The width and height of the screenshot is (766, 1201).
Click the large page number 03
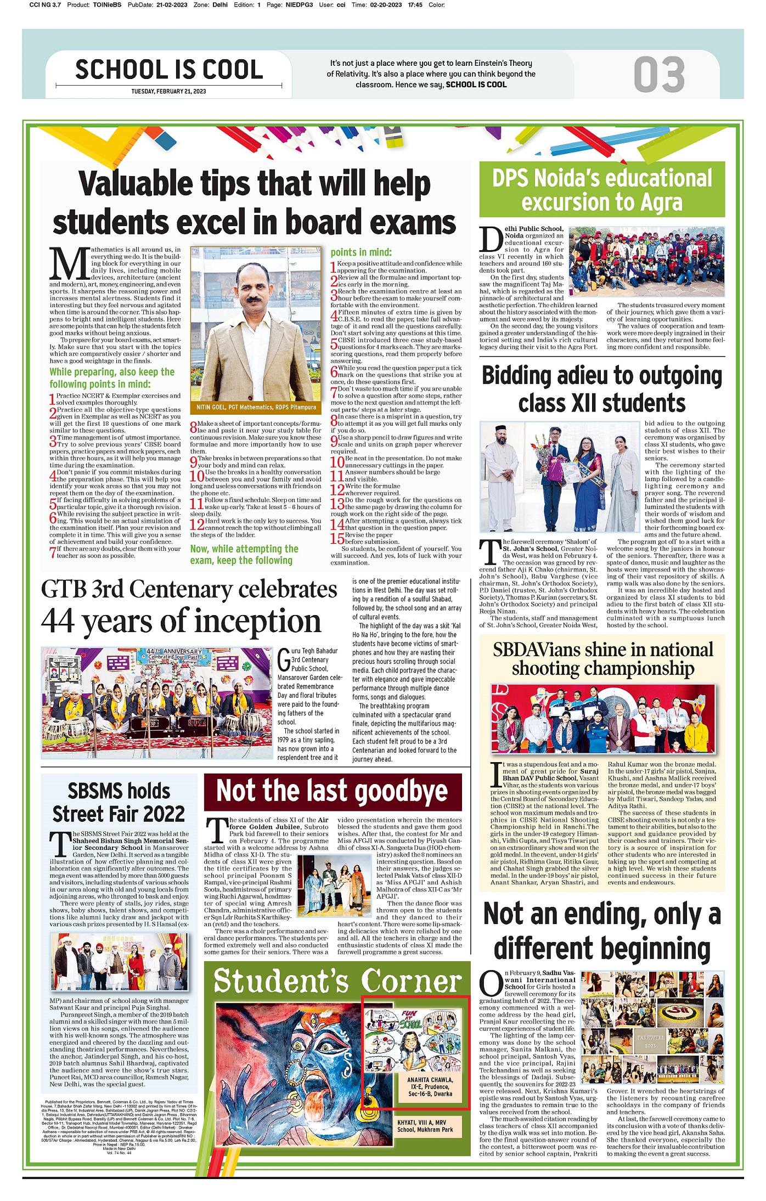658,75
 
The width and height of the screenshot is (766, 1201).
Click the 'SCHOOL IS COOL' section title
169,70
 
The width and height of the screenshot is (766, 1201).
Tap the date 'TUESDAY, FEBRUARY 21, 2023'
168,92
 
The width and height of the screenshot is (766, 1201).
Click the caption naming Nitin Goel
256,407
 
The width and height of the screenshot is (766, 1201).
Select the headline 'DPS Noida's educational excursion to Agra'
602,190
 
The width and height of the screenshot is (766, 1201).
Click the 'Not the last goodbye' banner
332,792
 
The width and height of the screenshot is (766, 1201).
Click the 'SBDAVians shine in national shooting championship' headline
602,659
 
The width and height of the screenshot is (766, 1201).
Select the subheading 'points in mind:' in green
361,252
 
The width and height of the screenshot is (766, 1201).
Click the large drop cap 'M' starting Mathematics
69,264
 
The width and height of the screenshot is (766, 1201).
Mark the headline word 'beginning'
601,949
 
